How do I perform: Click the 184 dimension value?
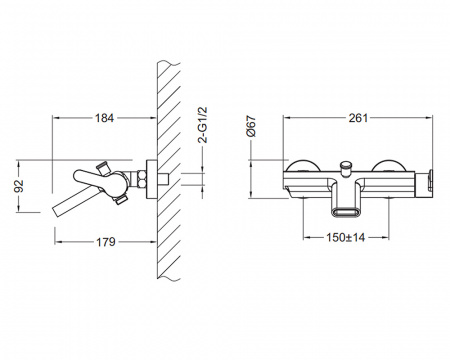104,118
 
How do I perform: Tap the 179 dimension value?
106,242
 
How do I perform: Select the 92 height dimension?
19,186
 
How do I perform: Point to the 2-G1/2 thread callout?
202,125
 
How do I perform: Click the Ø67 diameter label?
251,126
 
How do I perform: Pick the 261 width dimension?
358,118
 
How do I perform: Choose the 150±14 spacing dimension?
346,237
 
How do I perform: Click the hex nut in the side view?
141,178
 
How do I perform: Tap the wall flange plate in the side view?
152,179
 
